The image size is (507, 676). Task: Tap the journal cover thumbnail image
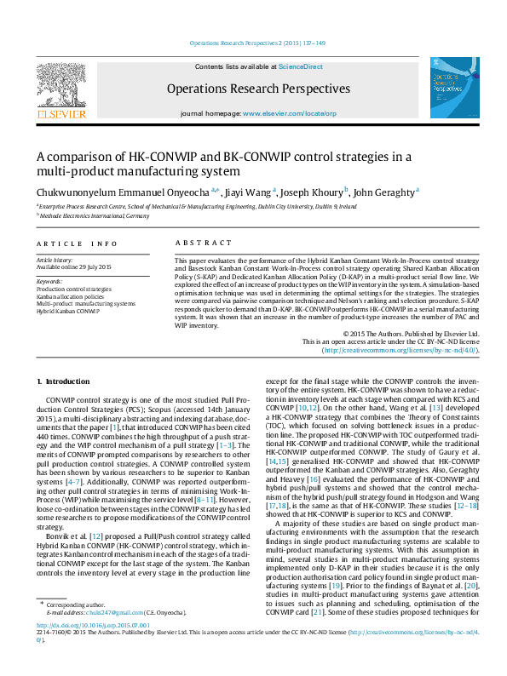coord(454,88)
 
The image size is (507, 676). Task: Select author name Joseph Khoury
coord(313,192)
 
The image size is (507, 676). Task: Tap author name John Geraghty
coord(384,192)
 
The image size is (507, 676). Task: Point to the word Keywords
coord(49,281)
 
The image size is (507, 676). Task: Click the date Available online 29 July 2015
coord(74,267)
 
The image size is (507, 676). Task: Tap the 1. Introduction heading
coord(65,381)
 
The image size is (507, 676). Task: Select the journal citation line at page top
coord(253,43)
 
